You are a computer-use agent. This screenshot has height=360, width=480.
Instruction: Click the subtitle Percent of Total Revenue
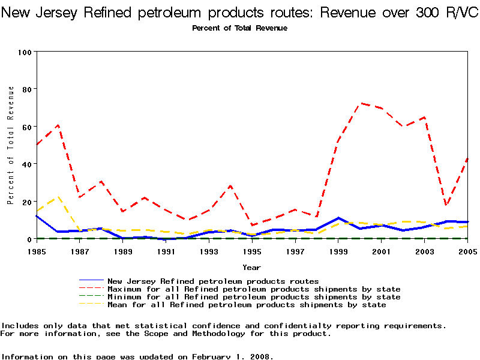point(239,28)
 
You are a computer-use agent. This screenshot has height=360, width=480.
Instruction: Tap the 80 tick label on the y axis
point(26,89)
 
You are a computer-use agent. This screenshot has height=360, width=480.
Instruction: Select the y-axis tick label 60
point(26,127)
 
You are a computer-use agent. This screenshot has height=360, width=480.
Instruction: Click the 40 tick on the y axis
point(26,164)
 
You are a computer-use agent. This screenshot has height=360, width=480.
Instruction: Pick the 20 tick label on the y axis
point(26,202)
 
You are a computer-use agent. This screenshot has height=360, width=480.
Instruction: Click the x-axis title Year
point(251,267)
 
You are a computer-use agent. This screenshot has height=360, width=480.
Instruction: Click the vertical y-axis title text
point(10,145)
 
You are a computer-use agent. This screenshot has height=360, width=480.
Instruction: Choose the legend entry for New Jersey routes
point(213,281)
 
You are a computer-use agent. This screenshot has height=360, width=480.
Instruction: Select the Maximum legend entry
point(254,289)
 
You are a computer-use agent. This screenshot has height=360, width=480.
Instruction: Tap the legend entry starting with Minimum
point(254,297)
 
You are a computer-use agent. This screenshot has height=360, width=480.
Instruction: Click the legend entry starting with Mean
point(246,305)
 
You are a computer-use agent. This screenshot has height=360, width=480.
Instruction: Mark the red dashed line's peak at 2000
point(360,103)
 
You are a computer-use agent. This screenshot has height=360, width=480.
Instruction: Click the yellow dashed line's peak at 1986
point(58,196)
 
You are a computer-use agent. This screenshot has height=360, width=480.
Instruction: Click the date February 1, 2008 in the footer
point(231,356)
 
